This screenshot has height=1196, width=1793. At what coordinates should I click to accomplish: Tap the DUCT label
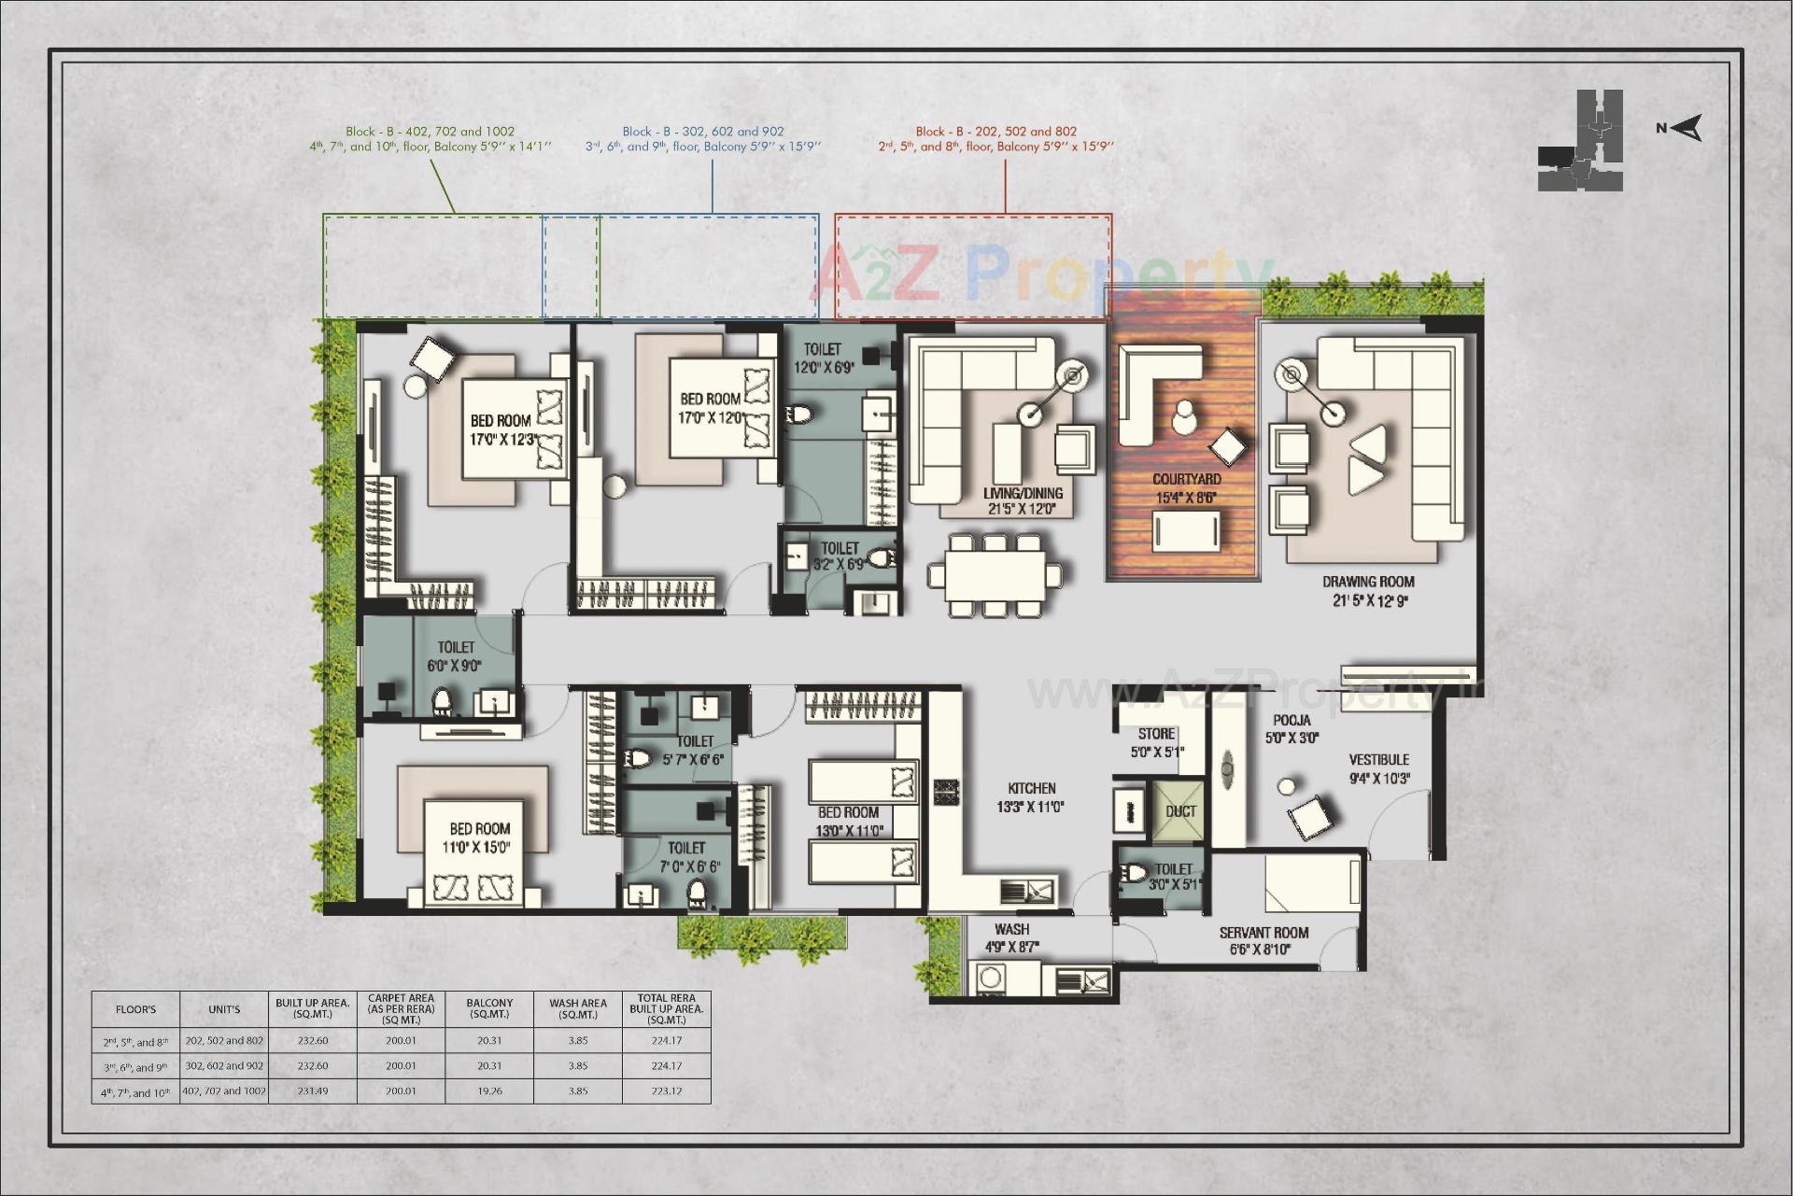click(1180, 811)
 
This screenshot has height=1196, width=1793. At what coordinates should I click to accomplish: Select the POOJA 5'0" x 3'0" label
click(1292, 728)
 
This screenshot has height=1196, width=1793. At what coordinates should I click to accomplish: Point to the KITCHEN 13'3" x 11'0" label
click(1031, 797)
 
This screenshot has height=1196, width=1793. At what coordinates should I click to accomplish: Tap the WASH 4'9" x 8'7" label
click(1011, 937)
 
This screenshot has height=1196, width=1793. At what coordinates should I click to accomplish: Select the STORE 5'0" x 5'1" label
click(1156, 742)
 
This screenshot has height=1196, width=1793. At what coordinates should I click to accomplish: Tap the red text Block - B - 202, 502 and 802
click(995, 132)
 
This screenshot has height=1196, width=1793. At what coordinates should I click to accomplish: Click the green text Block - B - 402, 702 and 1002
click(430, 132)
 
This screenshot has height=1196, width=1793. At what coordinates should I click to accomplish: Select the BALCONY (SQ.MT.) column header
click(489, 1008)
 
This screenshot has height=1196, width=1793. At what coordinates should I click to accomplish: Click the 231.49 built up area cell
click(313, 1090)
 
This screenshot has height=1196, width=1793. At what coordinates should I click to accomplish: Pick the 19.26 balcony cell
click(489, 1090)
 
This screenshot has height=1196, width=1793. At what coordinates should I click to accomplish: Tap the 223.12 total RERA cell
click(666, 1090)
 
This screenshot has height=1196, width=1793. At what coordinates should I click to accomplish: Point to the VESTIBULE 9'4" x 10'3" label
click(1378, 768)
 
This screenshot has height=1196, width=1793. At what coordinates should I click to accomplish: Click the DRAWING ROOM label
click(1368, 590)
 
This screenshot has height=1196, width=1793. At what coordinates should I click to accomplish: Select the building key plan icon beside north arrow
click(1581, 141)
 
